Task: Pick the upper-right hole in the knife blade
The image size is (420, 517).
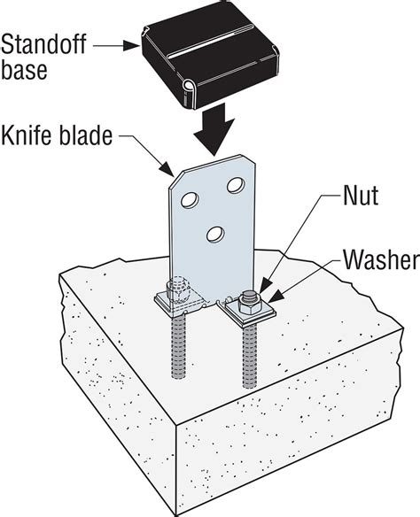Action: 236,187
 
